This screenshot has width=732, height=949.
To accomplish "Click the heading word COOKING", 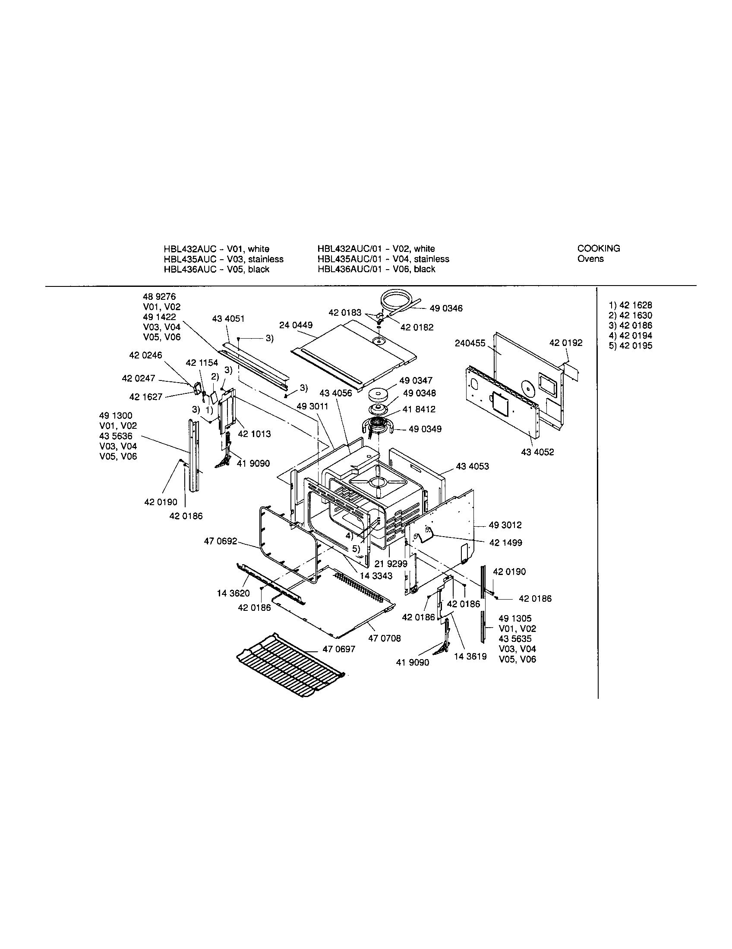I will click(598, 248).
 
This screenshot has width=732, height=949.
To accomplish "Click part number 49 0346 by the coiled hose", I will click(446, 308).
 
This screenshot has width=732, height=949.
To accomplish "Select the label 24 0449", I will click(296, 325).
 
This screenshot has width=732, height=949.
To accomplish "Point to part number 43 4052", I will click(537, 453).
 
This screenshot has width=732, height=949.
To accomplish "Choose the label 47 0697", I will click(339, 649).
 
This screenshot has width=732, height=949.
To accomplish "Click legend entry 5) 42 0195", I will click(630, 346).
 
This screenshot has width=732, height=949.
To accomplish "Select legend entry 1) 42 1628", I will click(630, 305).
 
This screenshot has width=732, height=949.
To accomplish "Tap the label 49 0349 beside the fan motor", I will click(425, 429).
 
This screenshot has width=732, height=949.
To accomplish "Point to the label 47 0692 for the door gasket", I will click(221, 541).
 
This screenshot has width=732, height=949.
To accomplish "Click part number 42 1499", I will click(505, 543).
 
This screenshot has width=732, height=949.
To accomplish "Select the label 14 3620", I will click(233, 594).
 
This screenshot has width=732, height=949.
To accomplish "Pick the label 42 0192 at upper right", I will click(565, 343).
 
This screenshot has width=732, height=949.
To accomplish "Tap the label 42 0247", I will click(139, 378).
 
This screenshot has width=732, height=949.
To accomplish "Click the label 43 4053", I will click(472, 466).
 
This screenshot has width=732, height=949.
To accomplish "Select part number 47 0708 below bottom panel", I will click(384, 638).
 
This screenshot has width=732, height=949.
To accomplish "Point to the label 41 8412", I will click(419, 409).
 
